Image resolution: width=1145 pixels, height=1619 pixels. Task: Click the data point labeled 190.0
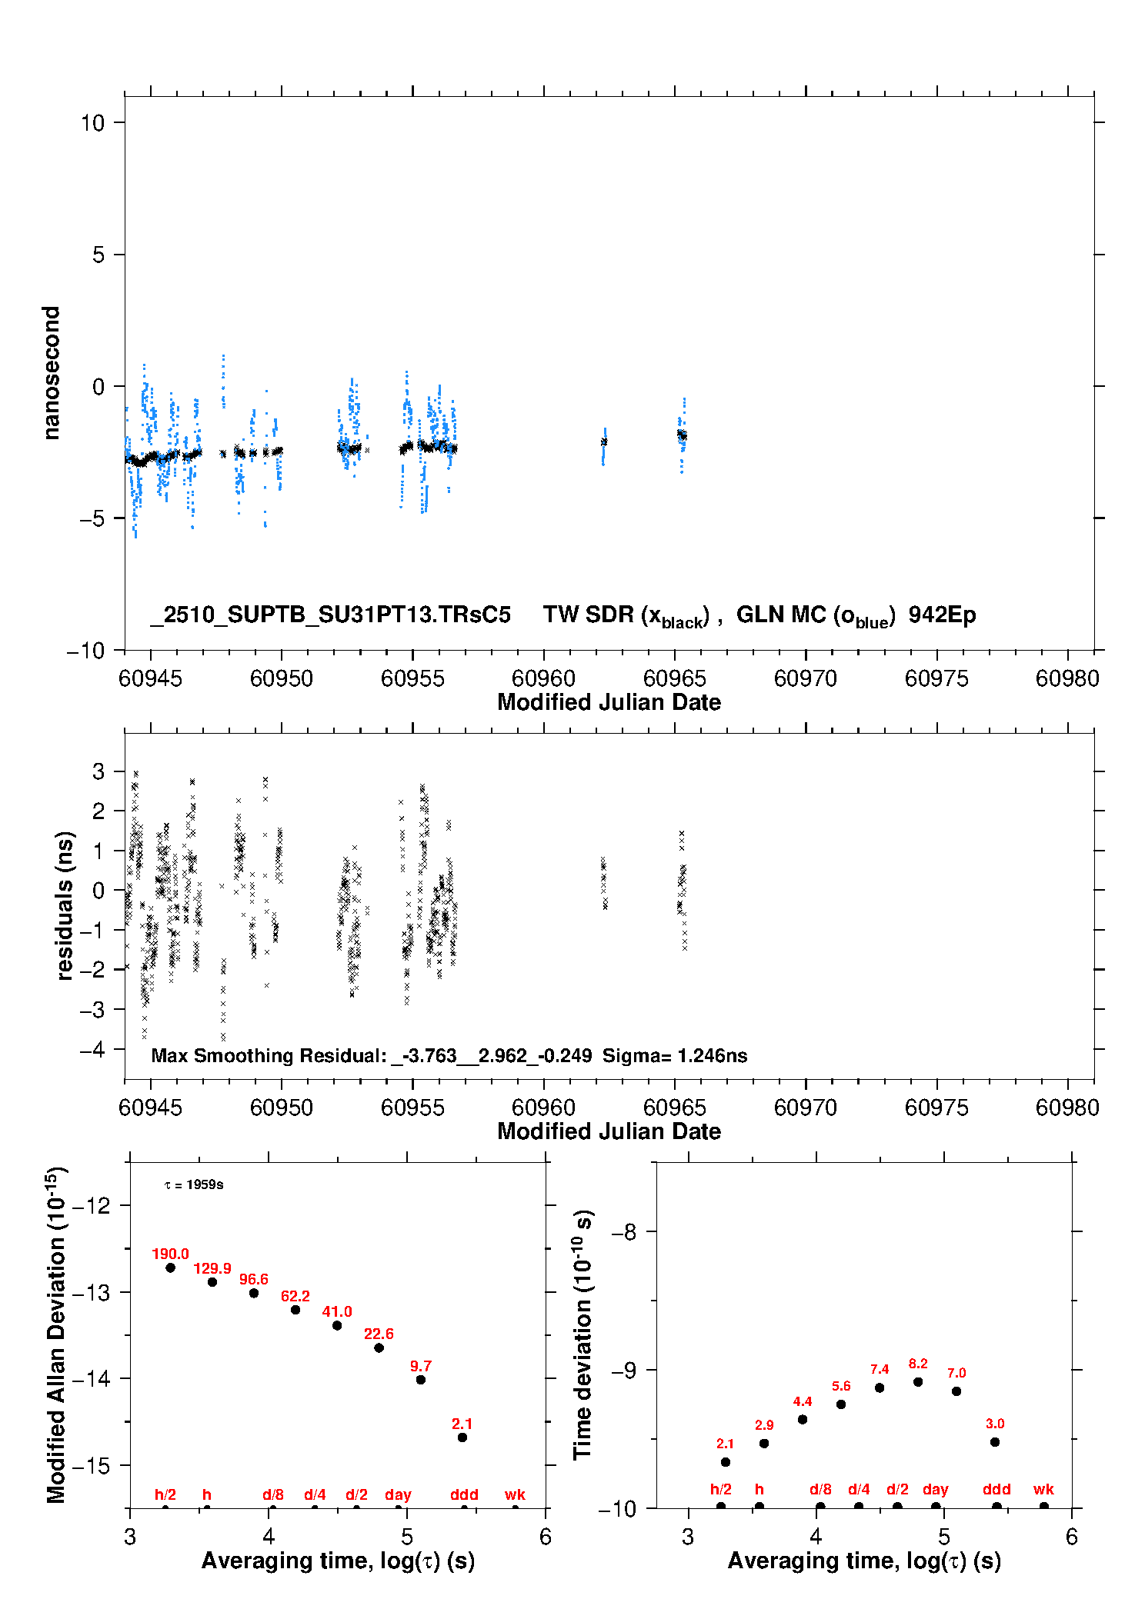[x=170, y=1268]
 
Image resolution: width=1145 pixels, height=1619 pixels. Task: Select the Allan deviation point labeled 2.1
[x=462, y=1437]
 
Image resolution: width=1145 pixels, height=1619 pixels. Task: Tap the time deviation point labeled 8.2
[x=918, y=1382]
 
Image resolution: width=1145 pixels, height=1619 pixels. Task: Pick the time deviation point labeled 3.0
[x=995, y=1442]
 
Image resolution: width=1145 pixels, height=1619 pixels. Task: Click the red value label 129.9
[x=212, y=1268]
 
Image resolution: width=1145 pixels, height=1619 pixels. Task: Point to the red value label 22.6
[x=379, y=1334]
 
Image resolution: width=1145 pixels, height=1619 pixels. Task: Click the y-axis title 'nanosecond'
[x=51, y=373]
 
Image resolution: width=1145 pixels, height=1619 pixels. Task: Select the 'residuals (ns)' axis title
[x=65, y=905]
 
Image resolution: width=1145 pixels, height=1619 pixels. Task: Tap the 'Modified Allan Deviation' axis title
[x=56, y=1334]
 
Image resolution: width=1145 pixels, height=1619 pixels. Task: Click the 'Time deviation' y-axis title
[x=583, y=1334]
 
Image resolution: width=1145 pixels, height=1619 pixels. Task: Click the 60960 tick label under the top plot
[x=543, y=678]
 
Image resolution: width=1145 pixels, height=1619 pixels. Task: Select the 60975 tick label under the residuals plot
[x=936, y=1108]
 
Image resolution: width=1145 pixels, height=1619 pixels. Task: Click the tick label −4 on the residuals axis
[x=92, y=1049]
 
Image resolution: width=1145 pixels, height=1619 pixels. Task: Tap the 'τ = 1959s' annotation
[x=194, y=1184]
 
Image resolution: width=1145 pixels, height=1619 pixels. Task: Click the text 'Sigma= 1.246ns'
[x=675, y=1055]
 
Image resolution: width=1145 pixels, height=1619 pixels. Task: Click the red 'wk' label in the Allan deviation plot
[x=515, y=1494]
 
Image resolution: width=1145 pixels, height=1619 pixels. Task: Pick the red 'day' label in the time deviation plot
[x=935, y=1489]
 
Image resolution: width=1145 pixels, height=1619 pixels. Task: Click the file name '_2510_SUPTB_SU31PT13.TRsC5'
[x=331, y=615]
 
